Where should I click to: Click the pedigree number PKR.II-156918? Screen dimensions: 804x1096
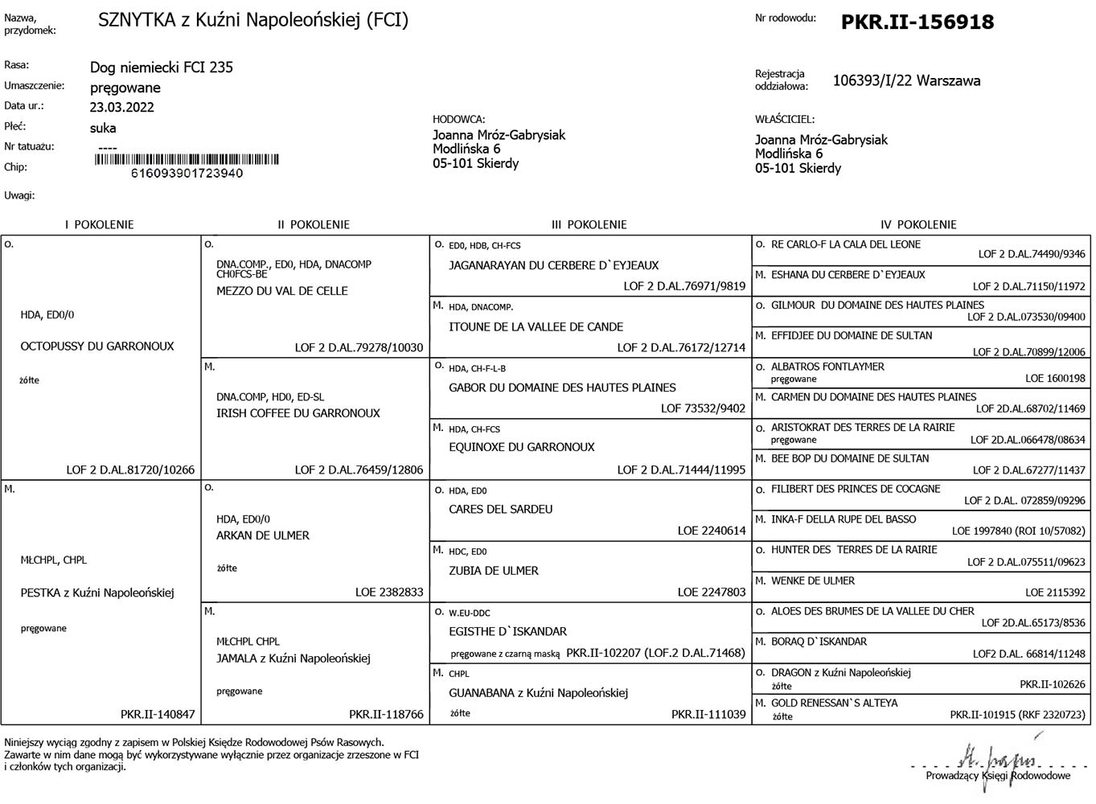coord(917,22)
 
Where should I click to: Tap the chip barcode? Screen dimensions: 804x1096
coord(187,159)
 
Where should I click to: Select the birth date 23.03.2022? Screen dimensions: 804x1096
coord(121,107)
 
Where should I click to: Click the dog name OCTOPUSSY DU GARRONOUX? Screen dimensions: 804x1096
coord(96,347)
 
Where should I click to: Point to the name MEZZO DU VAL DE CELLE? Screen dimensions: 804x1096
coord(281,291)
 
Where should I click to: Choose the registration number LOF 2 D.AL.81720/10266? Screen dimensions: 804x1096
coord(130,470)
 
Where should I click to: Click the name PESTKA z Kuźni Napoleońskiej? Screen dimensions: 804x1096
coord(96,593)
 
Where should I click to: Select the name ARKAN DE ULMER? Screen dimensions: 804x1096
coord(262,535)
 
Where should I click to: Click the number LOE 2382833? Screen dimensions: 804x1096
coord(389,592)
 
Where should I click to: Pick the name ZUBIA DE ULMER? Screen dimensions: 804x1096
coord(493,571)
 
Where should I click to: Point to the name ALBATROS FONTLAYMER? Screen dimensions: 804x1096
coord(827,367)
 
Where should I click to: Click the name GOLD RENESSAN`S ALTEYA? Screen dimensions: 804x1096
coord(834,703)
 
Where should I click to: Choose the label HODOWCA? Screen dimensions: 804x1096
coord(458,119)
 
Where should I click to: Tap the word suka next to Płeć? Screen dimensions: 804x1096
coord(103,128)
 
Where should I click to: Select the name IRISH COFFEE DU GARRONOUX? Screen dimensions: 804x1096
coord(298,413)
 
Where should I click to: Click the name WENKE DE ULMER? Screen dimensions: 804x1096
coord(813,580)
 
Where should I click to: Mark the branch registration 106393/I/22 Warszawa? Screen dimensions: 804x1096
coord(906,80)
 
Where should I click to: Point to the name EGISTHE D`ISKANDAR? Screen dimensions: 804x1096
coord(507,632)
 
